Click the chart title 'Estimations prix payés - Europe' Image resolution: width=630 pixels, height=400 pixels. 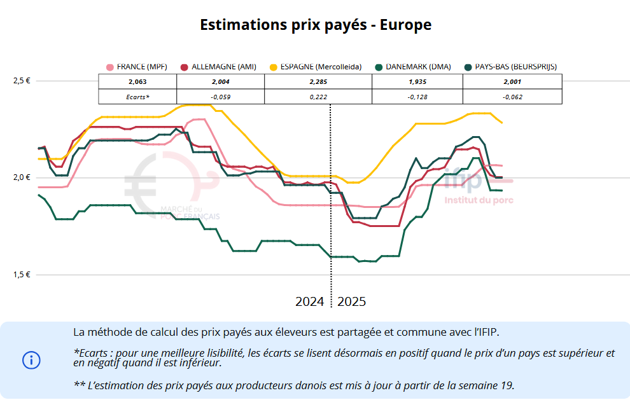click(x=315, y=25)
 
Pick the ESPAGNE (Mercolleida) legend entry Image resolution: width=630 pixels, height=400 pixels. click(x=316, y=67)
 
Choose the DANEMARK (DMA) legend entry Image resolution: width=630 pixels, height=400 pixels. click(x=413, y=67)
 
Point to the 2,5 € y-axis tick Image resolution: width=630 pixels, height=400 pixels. click(x=22, y=81)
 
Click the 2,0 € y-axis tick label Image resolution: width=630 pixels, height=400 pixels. click(x=22, y=177)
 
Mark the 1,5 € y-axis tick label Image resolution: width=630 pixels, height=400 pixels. click(x=22, y=275)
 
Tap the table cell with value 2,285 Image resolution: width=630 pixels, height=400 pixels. click(x=318, y=82)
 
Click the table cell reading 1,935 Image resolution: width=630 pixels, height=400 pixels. click(x=417, y=82)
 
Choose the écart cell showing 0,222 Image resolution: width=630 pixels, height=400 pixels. click(x=318, y=97)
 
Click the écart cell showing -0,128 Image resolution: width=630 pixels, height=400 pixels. click(x=417, y=97)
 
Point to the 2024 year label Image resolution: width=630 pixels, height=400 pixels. click(x=310, y=301)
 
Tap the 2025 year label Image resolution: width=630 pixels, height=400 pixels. click(x=351, y=301)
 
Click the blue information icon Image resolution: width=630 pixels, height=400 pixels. click(x=31, y=360)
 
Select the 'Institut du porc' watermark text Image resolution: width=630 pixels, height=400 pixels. click(x=479, y=200)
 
